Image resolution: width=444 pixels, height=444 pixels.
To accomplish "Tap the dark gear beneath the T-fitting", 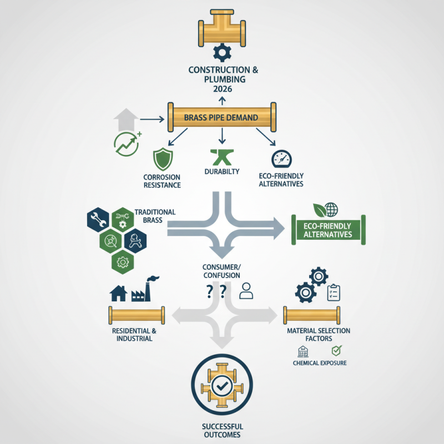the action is (x=223, y=53).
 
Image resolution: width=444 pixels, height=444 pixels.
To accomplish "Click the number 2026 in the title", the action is (x=223, y=89).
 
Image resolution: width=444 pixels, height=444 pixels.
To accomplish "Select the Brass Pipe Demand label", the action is (x=221, y=118).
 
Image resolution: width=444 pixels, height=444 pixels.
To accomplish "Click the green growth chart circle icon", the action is (x=127, y=144).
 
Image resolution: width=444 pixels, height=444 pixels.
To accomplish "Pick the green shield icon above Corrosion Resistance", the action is (x=163, y=159).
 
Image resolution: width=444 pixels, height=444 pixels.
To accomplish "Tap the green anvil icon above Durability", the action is (x=222, y=157).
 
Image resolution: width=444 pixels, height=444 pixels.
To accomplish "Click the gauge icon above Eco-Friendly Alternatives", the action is (x=281, y=159).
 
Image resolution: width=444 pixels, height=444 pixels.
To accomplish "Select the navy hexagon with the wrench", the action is (x=98, y=220).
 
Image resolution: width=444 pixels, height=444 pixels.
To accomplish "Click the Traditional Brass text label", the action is (x=155, y=216).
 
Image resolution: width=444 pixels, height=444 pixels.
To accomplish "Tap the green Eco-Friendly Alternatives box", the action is (x=329, y=230).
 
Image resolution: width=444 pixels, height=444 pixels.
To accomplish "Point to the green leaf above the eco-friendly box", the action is (x=320, y=210).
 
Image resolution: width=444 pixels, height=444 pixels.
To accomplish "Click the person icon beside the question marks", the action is (x=246, y=291).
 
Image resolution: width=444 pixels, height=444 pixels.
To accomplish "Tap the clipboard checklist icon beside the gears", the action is (x=334, y=292).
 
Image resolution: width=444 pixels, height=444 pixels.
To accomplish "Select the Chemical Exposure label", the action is (x=320, y=363).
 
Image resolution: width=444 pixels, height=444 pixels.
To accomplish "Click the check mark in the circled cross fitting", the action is (x=222, y=385).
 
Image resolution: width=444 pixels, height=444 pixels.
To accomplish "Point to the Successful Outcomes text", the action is (x=223, y=431).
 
